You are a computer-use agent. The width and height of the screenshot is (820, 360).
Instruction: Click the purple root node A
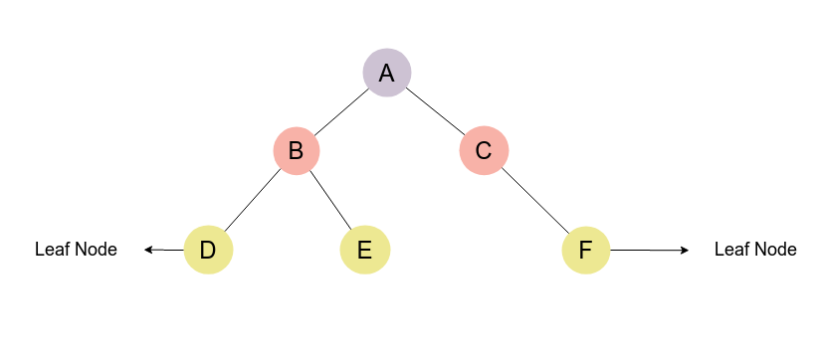pos(386,73)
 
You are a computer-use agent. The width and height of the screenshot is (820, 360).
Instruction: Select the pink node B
pos(296,151)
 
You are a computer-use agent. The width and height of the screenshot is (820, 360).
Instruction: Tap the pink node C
pos(484,151)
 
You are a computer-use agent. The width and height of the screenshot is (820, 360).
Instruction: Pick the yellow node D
pos(208,250)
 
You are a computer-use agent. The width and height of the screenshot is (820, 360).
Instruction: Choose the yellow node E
pos(364,250)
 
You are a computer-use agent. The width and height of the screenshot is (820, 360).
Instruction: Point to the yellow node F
pos(585,250)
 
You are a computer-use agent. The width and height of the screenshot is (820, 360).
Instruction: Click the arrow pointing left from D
pos(164,250)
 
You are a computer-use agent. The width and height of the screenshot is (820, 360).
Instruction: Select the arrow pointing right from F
pos(648,250)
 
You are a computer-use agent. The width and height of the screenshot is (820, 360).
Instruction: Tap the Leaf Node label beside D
pos(76,250)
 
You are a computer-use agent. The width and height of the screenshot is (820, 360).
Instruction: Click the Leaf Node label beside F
pos(755,250)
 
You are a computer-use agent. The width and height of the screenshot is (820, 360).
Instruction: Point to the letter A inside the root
pos(386,73)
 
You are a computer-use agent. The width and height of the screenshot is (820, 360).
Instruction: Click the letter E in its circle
pos(364,251)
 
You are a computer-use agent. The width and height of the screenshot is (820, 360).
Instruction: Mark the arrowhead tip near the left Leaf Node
pos(145,250)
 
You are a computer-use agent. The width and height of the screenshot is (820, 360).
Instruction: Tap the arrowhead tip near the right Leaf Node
pos(687,250)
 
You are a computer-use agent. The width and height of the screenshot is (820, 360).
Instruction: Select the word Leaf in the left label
pos(51,250)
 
